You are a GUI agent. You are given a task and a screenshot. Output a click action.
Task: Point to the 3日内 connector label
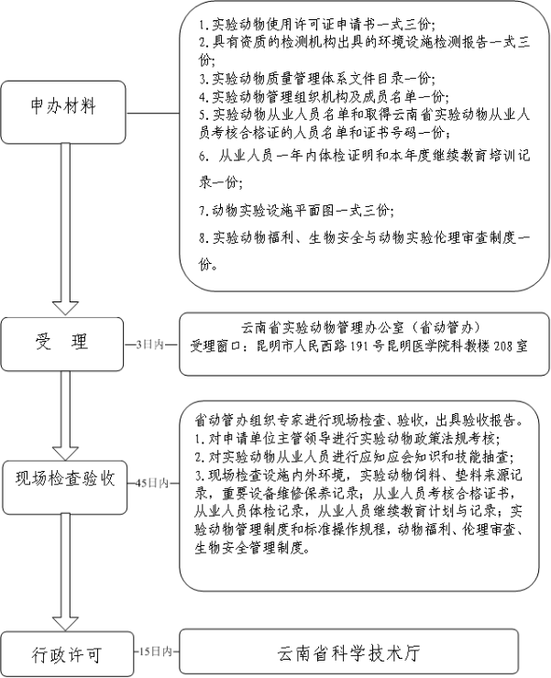click(149, 344)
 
